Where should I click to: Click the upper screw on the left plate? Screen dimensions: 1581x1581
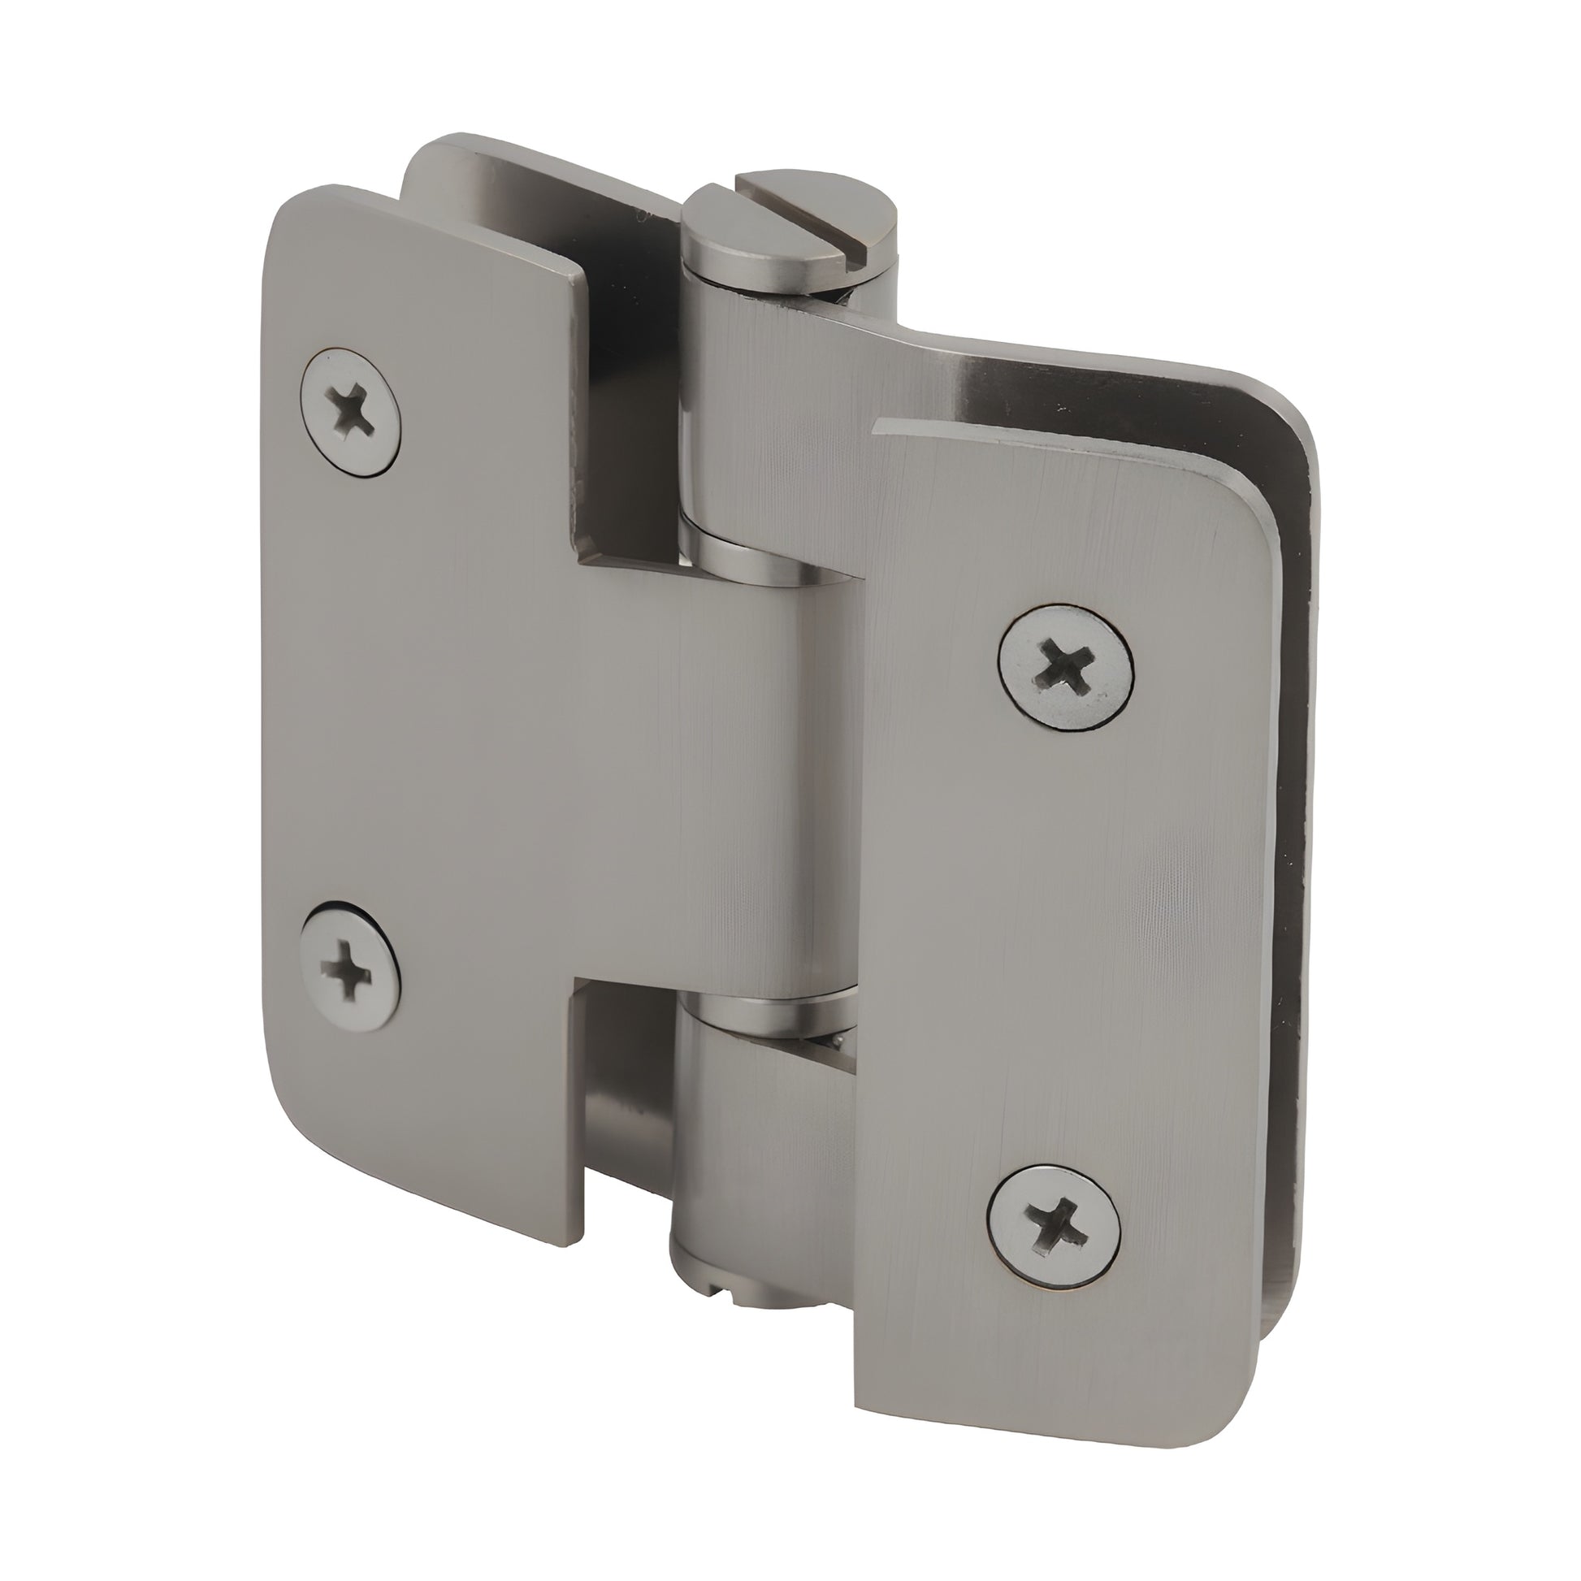351,411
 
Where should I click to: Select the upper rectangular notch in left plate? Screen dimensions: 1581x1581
622,426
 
